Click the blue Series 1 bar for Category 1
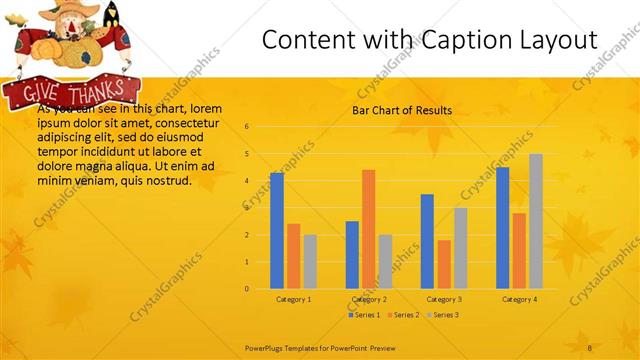pos(277,231)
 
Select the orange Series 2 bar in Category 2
pos(368,229)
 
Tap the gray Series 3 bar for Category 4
pos(536,221)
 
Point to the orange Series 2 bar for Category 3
pos(444,264)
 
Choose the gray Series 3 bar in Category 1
pos(310,262)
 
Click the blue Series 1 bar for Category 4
pos(502,228)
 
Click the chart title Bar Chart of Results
pos(402,110)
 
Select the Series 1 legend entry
pos(364,315)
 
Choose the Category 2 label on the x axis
pos(369,299)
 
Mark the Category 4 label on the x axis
pos(519,299)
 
